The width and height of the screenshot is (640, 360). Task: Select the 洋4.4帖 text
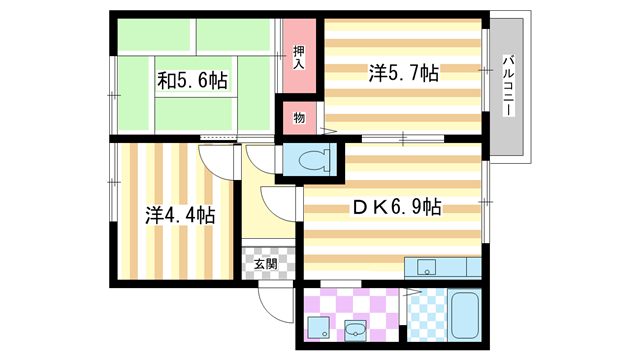tap(179, 214)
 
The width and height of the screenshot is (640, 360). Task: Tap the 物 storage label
tap(298, 118)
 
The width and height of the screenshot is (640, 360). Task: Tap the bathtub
tap(465, 315)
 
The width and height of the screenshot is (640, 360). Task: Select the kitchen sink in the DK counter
tap(427, 267)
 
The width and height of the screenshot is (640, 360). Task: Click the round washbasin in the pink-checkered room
tap(356, 328)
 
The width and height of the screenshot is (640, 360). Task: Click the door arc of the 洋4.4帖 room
tap(215, 160)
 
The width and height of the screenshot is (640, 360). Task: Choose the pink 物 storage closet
tap(300, 118)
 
